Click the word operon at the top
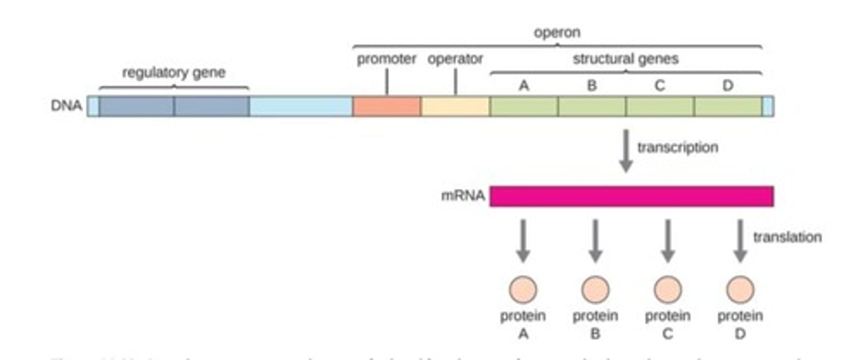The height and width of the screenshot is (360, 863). click(x=557, y=32)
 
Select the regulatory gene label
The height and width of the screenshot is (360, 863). click(x=174, y=72)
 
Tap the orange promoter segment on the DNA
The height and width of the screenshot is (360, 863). click(x=387, y=106)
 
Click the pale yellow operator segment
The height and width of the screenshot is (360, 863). click(x=455, y=106)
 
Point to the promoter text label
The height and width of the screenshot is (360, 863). click(x=387, y=59)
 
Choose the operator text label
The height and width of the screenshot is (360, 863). click(x=455, y=59)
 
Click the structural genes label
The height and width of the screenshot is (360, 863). click(x=626, y=59)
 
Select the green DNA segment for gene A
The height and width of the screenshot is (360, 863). click(x=524, y=106)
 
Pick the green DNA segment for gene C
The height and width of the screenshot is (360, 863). click(x=659, y=106)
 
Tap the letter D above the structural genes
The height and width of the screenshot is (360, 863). click(x=728, y=86)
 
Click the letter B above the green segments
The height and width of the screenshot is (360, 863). click(x=592, y=86)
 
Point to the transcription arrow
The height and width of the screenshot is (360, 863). click(x=626, y=150)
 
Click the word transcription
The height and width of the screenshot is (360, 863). click(x=677, y=147)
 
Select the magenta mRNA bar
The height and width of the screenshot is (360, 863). click(x=631, y=196)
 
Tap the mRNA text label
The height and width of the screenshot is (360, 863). click(x=463, y=196)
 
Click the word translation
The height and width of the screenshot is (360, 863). click(x=787, y=237)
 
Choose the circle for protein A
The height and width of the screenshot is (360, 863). click(x=523, y=290)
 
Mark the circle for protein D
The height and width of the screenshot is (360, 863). click(x=740, y=290)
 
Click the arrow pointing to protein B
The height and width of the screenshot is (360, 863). click(x=595, y=240)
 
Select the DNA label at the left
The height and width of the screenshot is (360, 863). click(x=67, y=107)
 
